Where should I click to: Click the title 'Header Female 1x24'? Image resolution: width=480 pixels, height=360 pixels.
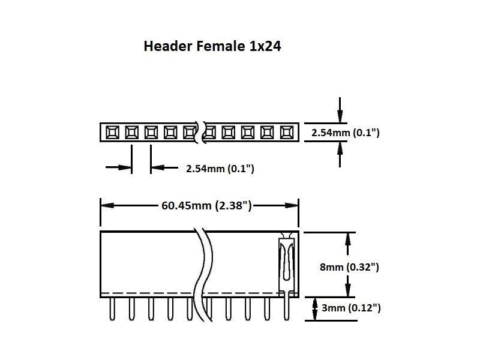pyautogui.click(x=212, y=46)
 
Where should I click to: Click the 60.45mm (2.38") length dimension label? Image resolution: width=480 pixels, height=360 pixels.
pyautogui.click(x=206, y=206)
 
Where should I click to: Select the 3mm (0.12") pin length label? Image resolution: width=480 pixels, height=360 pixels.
pyautogui.click(x=351, y=308)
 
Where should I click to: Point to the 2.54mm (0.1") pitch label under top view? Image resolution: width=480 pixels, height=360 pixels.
pyautogui.click(x=220, y=169)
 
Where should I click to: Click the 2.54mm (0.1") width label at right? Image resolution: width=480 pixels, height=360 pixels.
pyautogui.click(x=345, y=132)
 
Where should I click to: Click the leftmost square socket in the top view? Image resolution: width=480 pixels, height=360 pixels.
pyautogui.click(x=112, y=131)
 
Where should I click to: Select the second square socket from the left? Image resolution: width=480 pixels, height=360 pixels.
pyautogui.click(x=131, y=131)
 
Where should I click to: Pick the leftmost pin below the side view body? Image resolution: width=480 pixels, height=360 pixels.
pyautogui.click(x=112, y=308)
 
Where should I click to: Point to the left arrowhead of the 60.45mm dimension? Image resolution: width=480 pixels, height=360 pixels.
pyautogui.click(x=106, y=206)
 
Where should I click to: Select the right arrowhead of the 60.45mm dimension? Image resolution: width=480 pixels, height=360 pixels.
pyautogui.click(x=293, y=206)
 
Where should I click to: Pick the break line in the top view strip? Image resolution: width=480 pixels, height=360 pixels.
pyautogui.click(x=201, y=131)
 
